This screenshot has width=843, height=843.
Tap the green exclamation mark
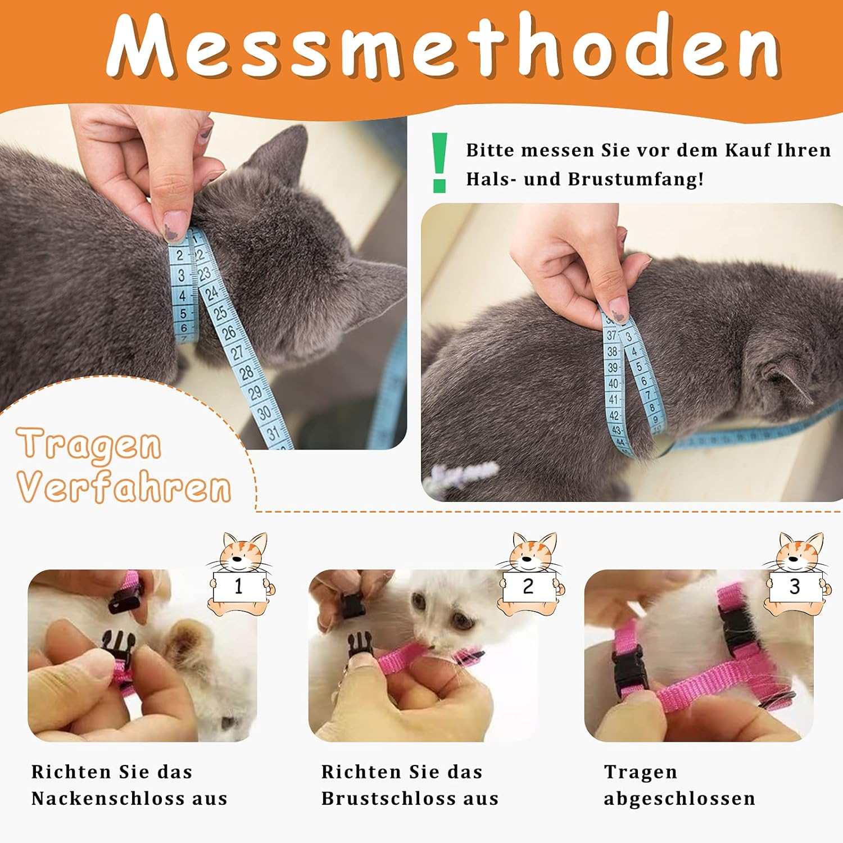coord(439,163)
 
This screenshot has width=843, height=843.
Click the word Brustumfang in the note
coord(636,180)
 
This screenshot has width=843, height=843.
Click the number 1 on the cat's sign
coord(238,586)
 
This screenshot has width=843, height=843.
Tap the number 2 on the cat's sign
coord(528,586)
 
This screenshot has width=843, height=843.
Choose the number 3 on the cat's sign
coord(794,586)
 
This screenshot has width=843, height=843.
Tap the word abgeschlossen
coord(679,799)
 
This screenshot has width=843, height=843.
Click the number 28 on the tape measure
coord(246,372)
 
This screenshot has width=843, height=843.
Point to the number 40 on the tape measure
coord(613,384)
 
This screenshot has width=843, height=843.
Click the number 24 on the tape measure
coord(211,293)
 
